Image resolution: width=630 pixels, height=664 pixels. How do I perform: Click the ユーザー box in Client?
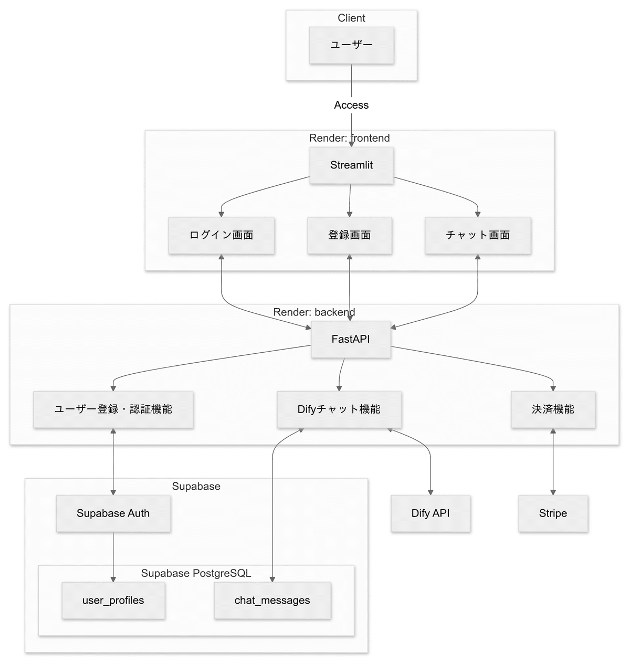click(351, 46)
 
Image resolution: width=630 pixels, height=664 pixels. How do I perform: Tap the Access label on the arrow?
click(351, 105)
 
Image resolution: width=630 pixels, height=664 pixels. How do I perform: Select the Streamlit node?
click(351, 165)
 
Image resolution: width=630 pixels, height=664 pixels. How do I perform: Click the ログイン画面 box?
click(221, 235)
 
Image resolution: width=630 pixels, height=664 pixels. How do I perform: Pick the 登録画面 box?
click(349, 235)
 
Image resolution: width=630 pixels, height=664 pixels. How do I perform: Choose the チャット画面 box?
click(478, 235)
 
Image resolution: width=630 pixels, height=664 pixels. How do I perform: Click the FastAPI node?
click(351, 340)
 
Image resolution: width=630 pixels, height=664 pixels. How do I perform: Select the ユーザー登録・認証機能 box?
click(113, 409)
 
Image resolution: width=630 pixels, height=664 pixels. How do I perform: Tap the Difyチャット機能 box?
click(339, 409)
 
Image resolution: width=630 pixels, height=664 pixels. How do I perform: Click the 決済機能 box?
click(553, 409)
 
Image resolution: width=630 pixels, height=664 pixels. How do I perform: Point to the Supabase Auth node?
click(113, 513)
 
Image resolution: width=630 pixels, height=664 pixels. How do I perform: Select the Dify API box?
click(430, 513)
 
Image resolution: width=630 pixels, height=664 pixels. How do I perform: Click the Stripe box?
click(553, 513)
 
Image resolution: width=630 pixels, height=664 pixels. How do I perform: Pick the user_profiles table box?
click(113, 600)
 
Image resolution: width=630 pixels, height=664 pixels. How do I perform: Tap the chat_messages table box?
click(272, 600)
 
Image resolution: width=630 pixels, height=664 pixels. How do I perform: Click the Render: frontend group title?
click(349, 138)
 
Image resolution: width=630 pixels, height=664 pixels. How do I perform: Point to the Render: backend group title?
click(314, 312)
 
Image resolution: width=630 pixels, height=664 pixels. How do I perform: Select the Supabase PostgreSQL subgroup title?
click(196, 573)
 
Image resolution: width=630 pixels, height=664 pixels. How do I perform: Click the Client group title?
click(351, 18)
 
